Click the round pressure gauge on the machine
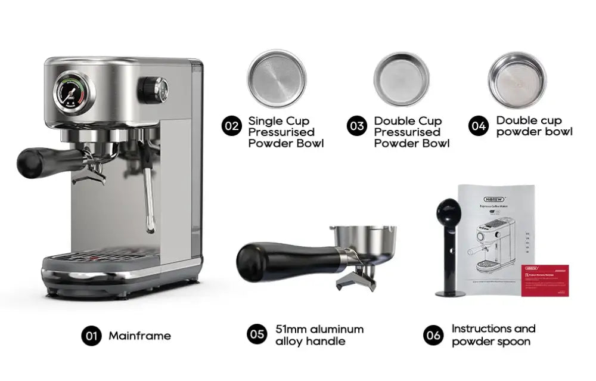click(x=74, y=92)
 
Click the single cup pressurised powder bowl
click(x=277, y=78)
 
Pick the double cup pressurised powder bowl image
click(x=401, y=79)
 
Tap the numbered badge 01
click(x=91, y=336)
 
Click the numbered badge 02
click(x=231, y=126)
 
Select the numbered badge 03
click(x=356, y=126)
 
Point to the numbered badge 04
click(x=478, y=126)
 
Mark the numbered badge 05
click(x=257, y=334)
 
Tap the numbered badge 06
click(x=433, y=335)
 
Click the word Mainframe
click(x=139, y=336)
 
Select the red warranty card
click(x=545, y=280)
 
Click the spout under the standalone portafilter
click(x=356, y=279)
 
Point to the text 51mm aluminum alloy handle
click(x=319, y=335)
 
